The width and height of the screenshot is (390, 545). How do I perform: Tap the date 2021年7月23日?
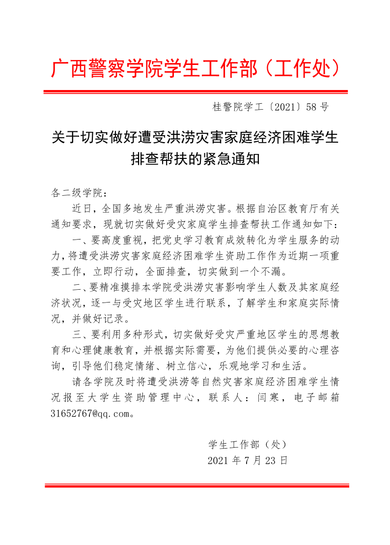[x=247, y=460]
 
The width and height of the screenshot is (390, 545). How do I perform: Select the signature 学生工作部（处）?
[x=247, y=445]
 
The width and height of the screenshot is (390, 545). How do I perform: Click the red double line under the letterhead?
[x=195, y=91]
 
